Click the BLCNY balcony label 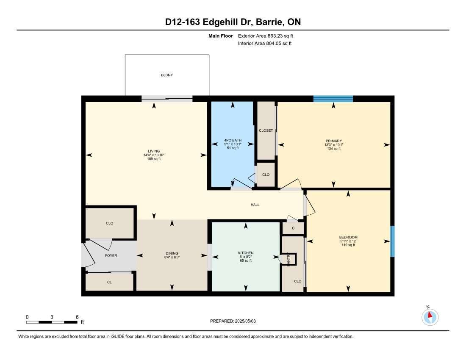(167, 75)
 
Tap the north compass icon (430, 317)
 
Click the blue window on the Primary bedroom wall (333, 99)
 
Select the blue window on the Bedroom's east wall (392, 241)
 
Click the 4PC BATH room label (233, 141)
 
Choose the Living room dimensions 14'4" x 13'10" (154, 155)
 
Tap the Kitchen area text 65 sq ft (246, 260)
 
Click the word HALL (255, 205)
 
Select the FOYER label (111, 255)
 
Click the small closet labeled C (293, 228)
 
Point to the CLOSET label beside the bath (266, 131)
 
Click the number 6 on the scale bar (77, 317)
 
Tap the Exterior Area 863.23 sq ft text (265, 36)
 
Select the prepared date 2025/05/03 (245, 321)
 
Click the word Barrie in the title (266, 22)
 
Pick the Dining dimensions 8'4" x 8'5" (172, 257)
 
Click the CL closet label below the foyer (109, 282)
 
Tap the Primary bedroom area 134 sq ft (334, 149)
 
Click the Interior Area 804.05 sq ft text (264, 43)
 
